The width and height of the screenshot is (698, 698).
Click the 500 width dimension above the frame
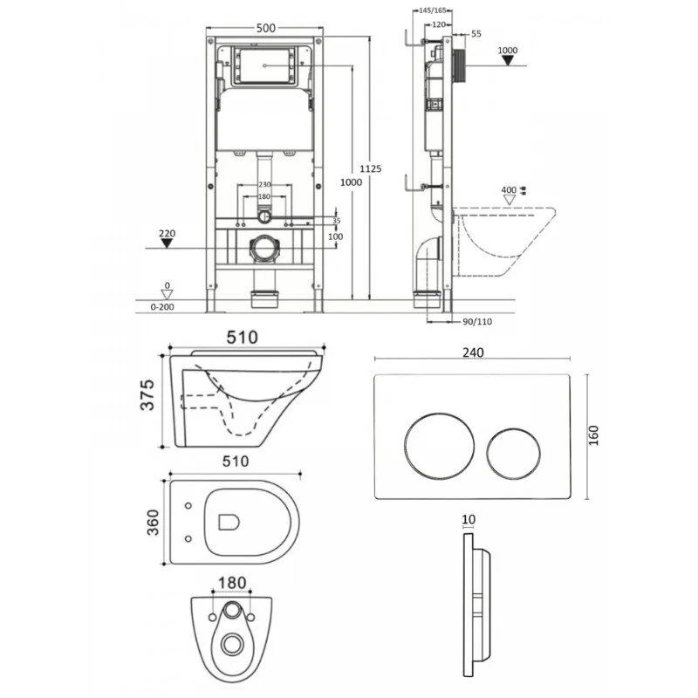(266, 29)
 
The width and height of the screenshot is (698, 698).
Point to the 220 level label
(168, 234)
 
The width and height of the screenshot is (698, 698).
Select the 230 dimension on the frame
(264, 184)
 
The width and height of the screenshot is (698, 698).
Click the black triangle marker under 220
(168, 247)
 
